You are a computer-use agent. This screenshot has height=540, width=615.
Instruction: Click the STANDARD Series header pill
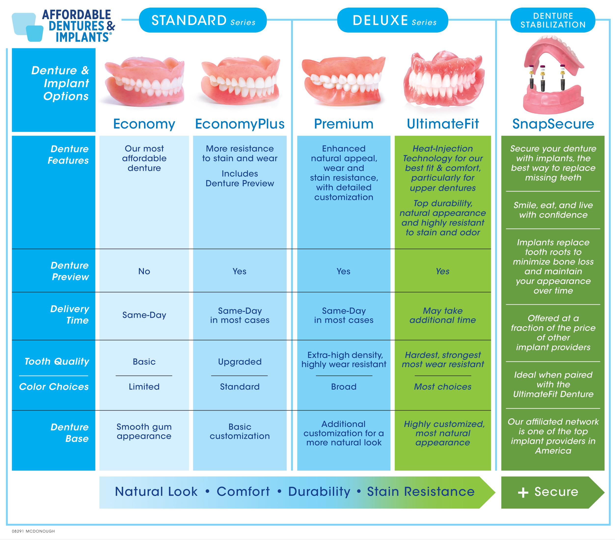pyautogui.click(x=203, y=20)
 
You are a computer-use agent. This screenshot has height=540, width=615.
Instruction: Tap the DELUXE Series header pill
pyautogui.click(x=392, y=20)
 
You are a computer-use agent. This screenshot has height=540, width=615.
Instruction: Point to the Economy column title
pyautogui.click(x=144, y=124)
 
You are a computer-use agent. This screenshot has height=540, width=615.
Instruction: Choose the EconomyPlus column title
pyautogui.click(x=240, y=124)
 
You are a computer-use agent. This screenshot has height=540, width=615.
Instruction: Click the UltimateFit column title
pyautogui.click(x=443, y=124)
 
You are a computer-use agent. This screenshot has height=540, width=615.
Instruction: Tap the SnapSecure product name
pyautogui.click(x=553, y=124)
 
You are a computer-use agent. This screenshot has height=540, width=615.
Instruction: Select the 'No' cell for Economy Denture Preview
pyautogui.click(x=144, y=271)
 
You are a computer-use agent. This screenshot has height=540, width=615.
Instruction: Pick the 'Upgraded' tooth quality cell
pyautogui.click(x=240, y=361)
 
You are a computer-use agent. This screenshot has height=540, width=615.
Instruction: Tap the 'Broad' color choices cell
pyautogui.click(x=344, y=387)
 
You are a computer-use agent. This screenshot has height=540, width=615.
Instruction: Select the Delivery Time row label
pyautogui.click(x=69, y=315)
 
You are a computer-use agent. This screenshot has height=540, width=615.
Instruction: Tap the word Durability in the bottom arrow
pyautogui.click(x=319, y=492)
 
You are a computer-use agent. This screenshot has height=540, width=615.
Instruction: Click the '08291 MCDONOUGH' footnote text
pyautogui.click(x=33, y=531)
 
